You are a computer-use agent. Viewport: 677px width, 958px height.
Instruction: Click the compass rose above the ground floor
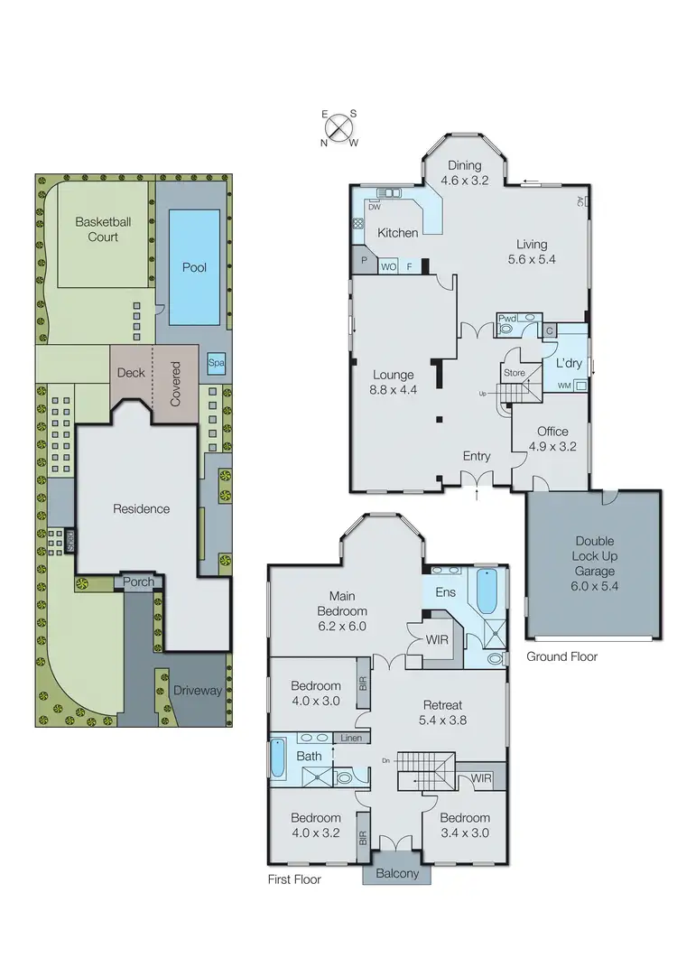coord(339,126)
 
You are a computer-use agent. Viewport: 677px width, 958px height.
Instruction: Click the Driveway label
coord(197,691)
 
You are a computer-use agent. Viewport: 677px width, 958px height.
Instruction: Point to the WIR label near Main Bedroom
coord(437,639)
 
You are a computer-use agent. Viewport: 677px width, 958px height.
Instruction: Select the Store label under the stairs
coord(514,372)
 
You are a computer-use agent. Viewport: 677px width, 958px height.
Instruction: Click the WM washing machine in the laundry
coord(565,386)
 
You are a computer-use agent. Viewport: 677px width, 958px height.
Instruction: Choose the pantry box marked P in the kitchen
coord(364,259)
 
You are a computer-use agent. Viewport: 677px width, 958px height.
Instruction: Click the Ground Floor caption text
coord(561,656)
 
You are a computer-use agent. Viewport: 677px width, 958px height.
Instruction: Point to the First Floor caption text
coord(294,879)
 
